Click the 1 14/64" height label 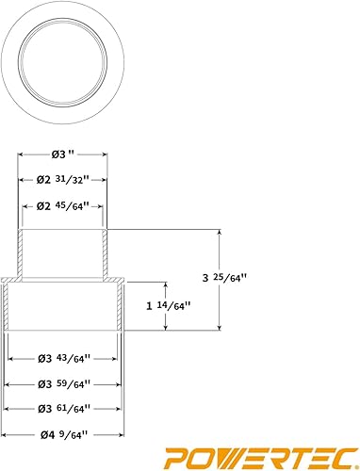[170, 305]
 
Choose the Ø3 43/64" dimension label [65, 359]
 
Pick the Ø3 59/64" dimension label [65, 383]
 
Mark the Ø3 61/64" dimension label [65, 408]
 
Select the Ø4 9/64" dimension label [64, 436]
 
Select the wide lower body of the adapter [65, 305]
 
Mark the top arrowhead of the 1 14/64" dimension [166, 284]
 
